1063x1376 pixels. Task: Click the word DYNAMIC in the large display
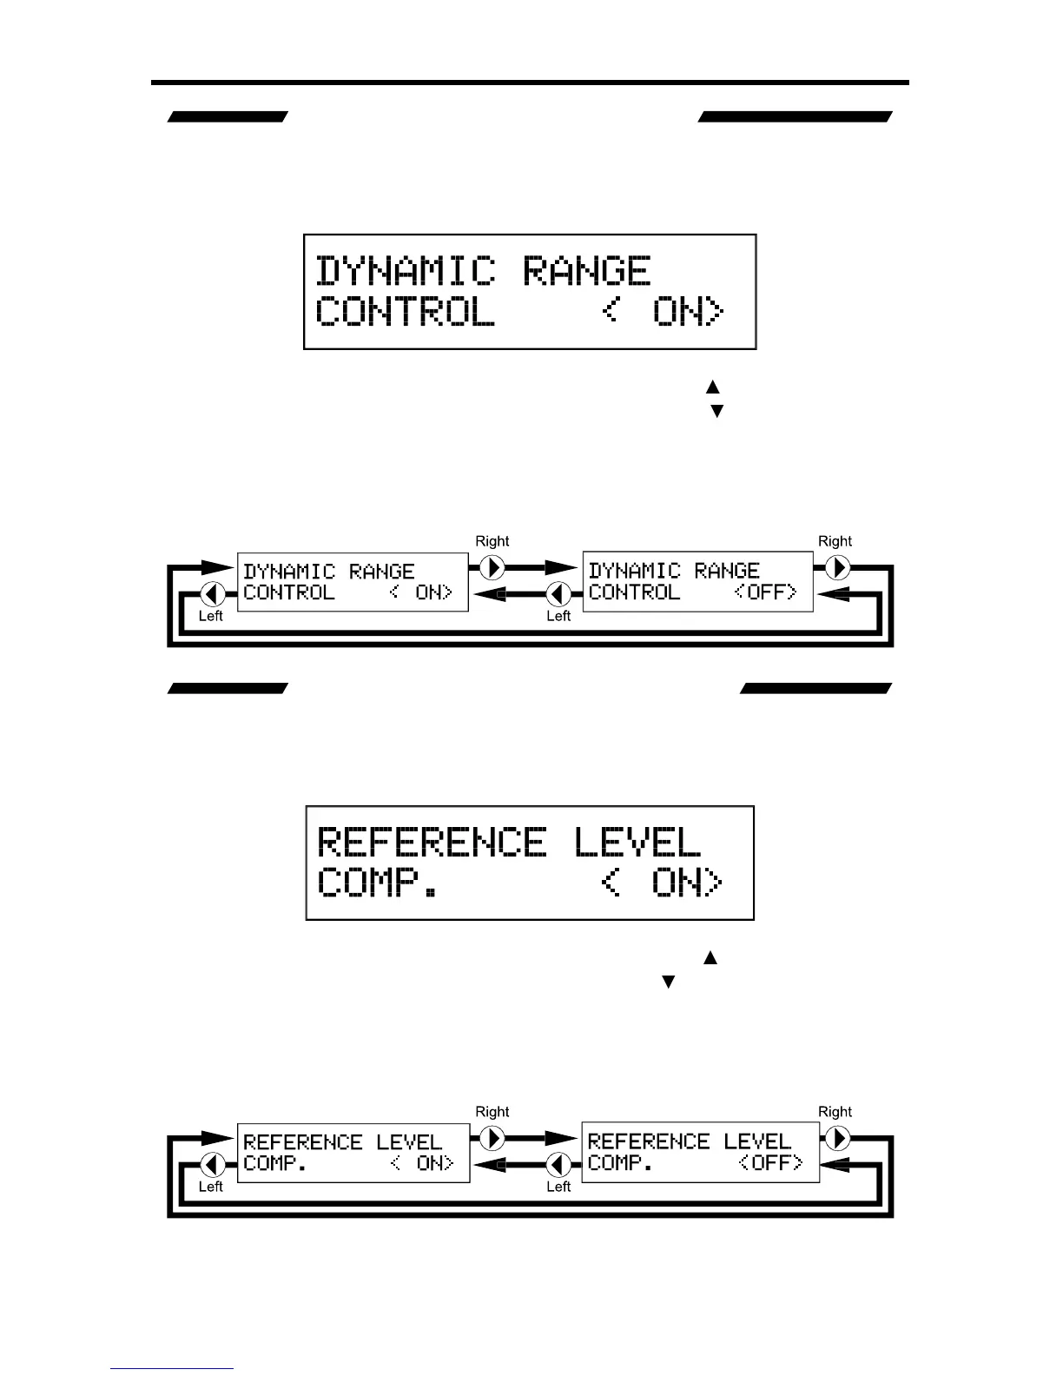tap(405, 271)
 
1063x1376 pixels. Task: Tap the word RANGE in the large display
tap(586, 271)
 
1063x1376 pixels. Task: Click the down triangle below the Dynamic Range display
tap(716, 411)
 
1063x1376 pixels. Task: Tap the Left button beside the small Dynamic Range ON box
tap(213, 594)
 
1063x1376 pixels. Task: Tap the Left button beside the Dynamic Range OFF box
tap(558, 594)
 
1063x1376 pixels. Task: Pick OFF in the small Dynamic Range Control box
tap(765, 592)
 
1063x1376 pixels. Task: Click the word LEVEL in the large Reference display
tap(637, 843)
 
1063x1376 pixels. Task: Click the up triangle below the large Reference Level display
tap(710, 958)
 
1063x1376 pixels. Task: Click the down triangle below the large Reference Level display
tap(668, 982)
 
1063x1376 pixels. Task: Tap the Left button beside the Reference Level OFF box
tap(558, 1165)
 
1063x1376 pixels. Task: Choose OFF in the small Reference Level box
tap(770, 1163)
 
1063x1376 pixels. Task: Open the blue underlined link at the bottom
tap(172, 1369)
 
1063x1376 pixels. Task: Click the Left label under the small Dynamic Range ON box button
tap(211, 616)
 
